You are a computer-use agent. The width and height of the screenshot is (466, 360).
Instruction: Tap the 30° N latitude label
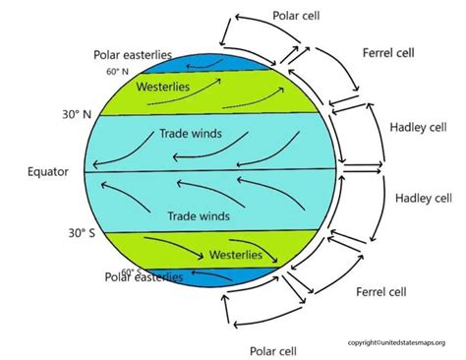click(48, 114)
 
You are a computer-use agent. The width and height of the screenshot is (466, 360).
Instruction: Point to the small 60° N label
click(117, 72)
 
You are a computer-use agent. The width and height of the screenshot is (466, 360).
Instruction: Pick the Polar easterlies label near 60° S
click(144, 277)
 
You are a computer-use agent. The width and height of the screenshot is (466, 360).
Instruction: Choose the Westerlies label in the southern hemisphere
click(236, 254)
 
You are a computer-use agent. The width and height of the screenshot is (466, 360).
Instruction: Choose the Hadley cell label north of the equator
click(419, 129)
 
